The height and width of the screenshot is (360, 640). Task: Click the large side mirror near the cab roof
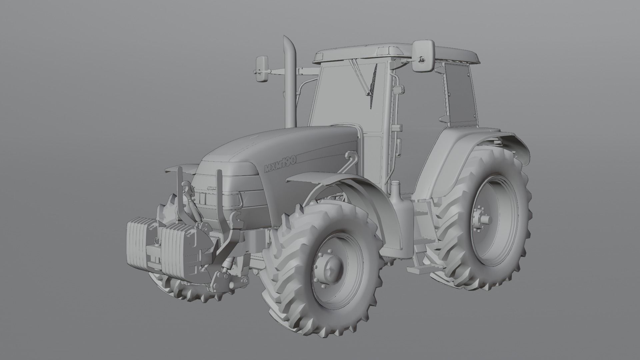pyautogui.click(x=423, y=56)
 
